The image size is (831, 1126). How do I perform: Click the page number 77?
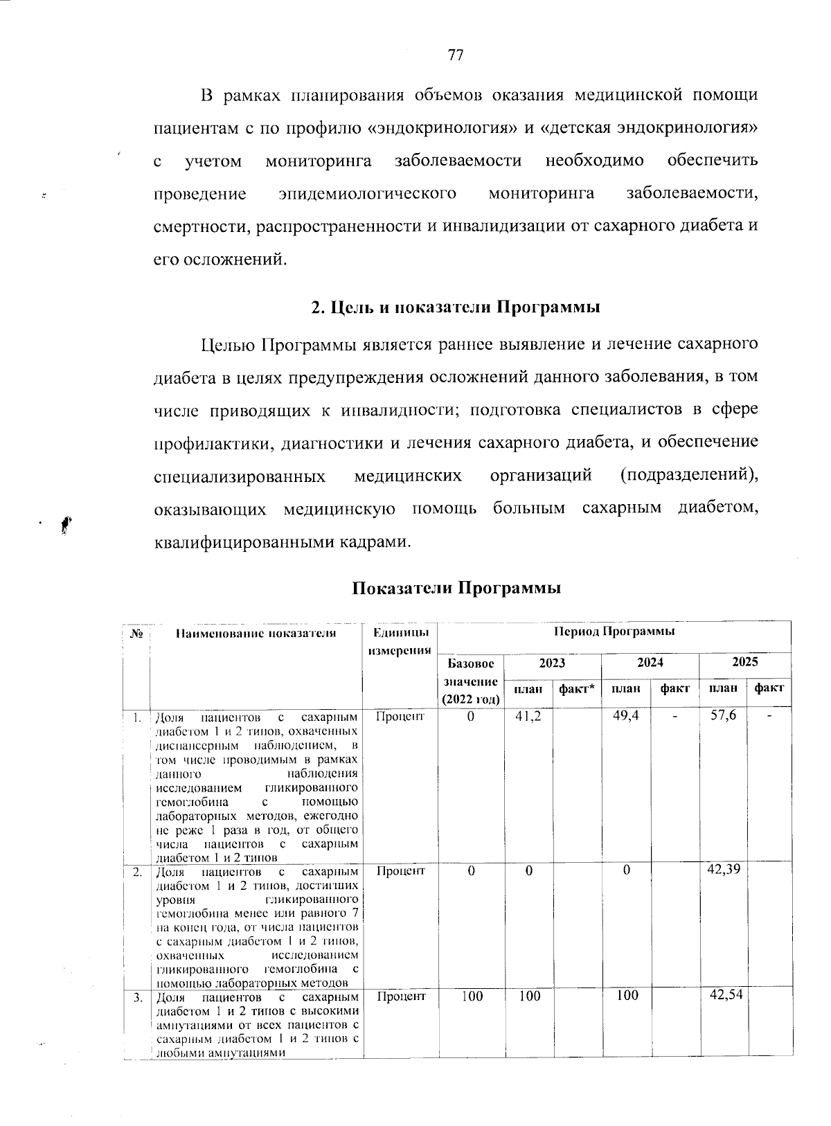455,55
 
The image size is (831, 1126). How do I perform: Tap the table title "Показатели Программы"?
456,588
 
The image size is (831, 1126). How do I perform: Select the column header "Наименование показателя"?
256,633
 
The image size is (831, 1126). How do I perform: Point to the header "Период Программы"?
614,632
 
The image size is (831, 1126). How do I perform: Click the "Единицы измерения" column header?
400,641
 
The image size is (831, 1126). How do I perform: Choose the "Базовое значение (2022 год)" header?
471,681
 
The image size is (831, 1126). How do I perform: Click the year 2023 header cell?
552,662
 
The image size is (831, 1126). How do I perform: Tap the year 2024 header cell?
650,662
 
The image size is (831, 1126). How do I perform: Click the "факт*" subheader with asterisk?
577,688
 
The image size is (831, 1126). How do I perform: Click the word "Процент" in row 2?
400,870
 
